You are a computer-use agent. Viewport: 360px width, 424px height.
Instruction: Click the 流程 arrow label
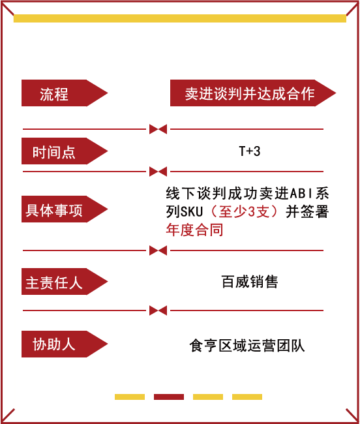pos(65,93)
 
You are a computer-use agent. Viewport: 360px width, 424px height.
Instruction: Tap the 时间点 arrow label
pos(65,151)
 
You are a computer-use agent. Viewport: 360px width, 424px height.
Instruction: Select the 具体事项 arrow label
pos(65,209)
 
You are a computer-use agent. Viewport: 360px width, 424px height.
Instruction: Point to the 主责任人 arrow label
pos(65,282)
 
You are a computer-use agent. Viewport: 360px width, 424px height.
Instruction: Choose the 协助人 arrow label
pos(65,344)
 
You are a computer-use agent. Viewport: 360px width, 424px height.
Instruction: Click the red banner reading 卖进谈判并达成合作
pos(252,93)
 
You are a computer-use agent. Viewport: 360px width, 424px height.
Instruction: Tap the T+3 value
pos(250,151)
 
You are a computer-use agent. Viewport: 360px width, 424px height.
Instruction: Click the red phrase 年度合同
pos(194,230)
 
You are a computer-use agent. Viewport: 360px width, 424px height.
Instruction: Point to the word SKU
pos(192,211)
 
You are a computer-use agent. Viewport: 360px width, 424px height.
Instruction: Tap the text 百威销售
pos(250,282)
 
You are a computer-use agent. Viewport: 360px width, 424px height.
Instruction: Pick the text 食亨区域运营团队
pos(247,346)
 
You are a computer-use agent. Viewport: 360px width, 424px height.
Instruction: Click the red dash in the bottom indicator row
pos(169,397)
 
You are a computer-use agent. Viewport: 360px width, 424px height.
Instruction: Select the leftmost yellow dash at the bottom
pos(130,397)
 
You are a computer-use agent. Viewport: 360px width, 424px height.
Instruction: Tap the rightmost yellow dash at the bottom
pos(247,397)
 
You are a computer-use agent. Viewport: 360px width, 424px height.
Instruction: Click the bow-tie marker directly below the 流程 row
pos(158,129)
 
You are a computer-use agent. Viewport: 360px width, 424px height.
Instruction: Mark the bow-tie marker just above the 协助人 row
pos(158,310)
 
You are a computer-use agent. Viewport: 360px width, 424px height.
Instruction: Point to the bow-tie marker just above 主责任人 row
pos(158,250)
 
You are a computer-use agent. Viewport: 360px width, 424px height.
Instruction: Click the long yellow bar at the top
pos(180,18)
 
